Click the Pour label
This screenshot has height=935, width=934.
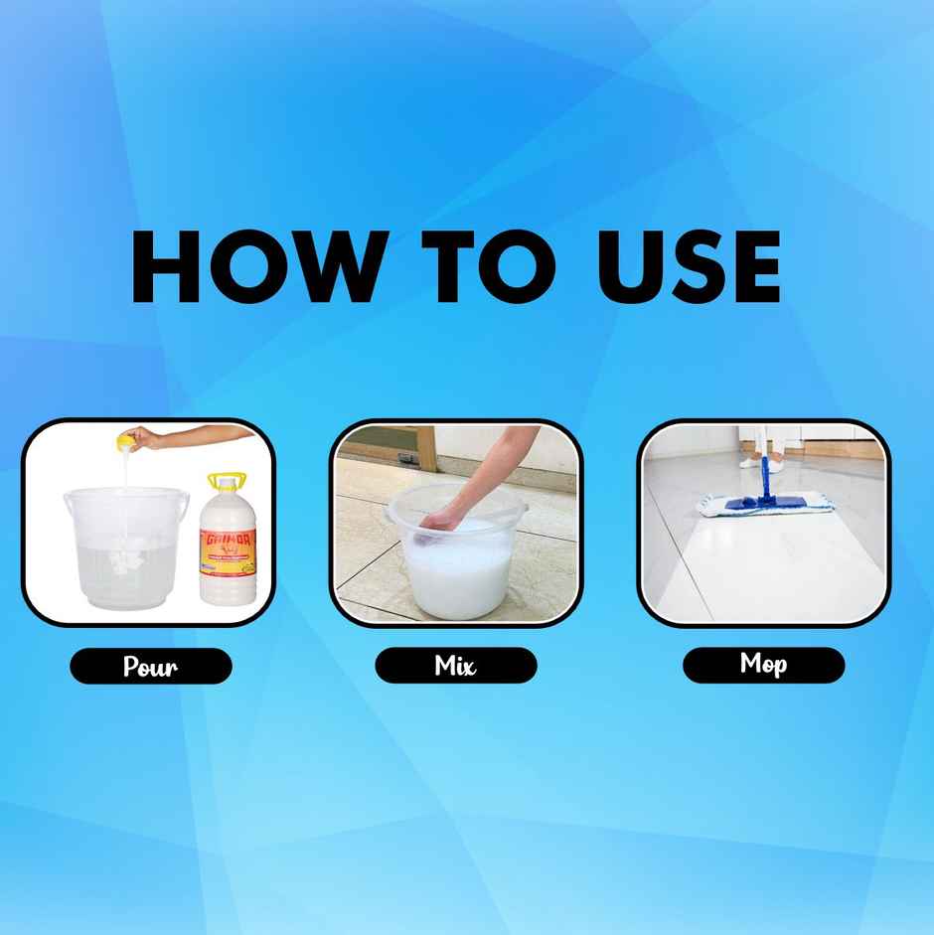click(x=150, y=666)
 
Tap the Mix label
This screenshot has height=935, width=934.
click(x=455, y=665)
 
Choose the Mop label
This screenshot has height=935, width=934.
click(x=763, y=664)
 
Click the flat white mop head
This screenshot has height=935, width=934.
click(x=765, y=507)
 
